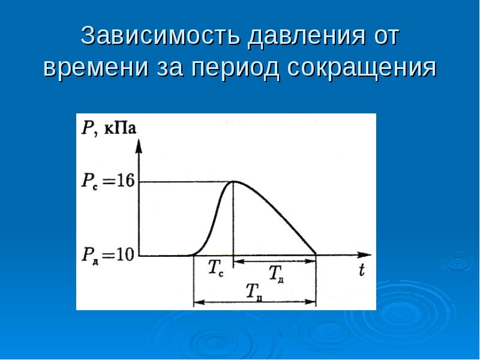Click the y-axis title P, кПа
(x=108, y=127)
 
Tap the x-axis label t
(x=361, y=271)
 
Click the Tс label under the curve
(x=216, y=269)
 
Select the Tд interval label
(x=276, y=274)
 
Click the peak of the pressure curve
(x=233, y=181)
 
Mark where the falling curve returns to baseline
(x=316, y=255)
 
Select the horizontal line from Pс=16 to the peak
(x=186, y=181)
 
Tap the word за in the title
(x=173, y=68)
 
